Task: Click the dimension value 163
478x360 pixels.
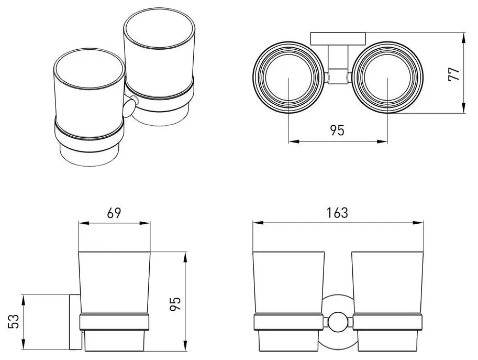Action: pos(337,213)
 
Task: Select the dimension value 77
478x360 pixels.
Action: pos(454,73)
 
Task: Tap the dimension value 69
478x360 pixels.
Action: pos(114,213)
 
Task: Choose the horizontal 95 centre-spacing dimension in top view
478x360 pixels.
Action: pos(338,130)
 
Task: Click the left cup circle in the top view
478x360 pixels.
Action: pos(288,79)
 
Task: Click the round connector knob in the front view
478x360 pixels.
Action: pos(338,322)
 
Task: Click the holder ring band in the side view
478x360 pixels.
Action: pos(115,322)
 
